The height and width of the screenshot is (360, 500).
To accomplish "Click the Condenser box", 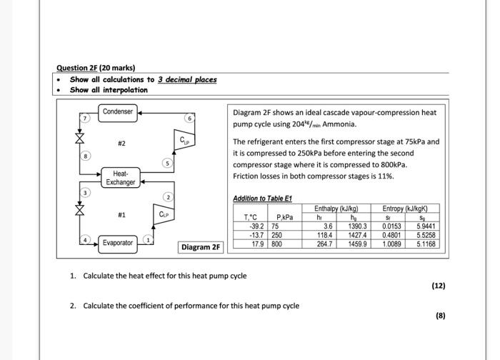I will tap(117, 111).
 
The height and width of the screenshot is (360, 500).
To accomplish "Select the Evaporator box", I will tap(117, 243).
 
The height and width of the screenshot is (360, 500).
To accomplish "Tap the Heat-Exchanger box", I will tap(120, 178).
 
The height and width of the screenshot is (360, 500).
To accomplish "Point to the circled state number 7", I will tap(84, 117).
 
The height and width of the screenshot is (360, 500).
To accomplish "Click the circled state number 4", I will tap(84, 239).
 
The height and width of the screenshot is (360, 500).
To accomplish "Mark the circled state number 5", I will tap(166, 164).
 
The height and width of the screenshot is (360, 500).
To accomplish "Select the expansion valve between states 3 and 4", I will tap(80, 211).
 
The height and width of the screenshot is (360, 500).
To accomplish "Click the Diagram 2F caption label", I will tap(201, 247).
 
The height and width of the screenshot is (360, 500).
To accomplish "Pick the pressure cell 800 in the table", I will tap(277, 243).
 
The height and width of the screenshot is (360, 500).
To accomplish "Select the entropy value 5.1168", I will tap(427, 243).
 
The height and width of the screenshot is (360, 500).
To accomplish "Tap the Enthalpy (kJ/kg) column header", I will tap(336, 209).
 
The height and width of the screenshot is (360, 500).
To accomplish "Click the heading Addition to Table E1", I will tap(262, 198).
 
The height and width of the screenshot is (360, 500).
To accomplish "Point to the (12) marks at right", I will tap(438, 286).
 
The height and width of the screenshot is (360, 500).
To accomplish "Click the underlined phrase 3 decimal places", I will tap(187, 79).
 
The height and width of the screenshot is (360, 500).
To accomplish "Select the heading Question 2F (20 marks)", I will tap(96, 68).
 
